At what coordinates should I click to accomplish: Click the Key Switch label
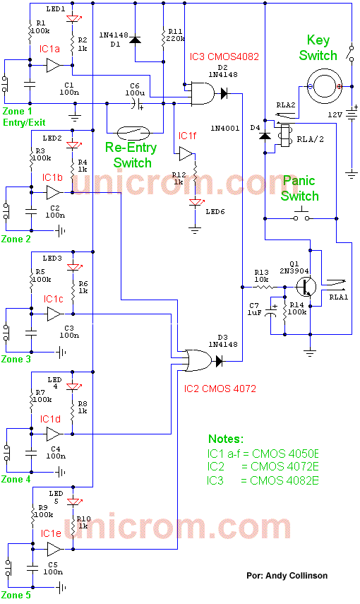pyautogui.click(x=318, y=48)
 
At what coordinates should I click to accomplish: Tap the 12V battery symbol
pyautogui.click(x=352, y=114)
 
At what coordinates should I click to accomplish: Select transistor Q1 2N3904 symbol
pyautogui.click(x=306, y=287)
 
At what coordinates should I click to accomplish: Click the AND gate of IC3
pyautogui.click(x=203, y=93)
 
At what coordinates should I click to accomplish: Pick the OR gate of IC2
pyautogui.click(x=198, y=360)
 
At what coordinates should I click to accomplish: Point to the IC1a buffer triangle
pyautogui.click(x=54, y=65)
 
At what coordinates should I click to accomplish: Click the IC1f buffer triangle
pyautogui.click(x=186, y=155)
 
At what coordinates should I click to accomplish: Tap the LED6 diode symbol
pyautogui.click(x=196, y=203)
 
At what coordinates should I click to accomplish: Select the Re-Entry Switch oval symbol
pyautogui.click(x=133, y=133)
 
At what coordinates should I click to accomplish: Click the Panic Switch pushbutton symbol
pyautogui.click(x=301, y=215)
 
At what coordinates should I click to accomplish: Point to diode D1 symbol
pyautogui.click(x=135, y=40)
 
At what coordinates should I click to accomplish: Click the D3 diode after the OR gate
pyautogui.click(x=219, y=361)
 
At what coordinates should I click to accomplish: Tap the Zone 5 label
pyautogui.click(x=16, y=595)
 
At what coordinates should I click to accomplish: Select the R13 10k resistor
pyautogui.click(x=264, y=287)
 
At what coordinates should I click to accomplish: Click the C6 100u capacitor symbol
pyautogui.click(x=136, y=103)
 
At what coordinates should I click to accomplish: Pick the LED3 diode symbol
pyautogui.click(x=73, y=267)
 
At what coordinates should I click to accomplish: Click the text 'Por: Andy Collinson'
pyautogui.click(x=287, y=576)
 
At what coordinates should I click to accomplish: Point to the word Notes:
pyautogui.click(x=226, y=439)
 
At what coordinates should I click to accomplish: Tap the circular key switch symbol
pyautogui.click(x=324, y=86)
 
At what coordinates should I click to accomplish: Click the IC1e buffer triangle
pyautogui.click(x=54, y=550)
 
